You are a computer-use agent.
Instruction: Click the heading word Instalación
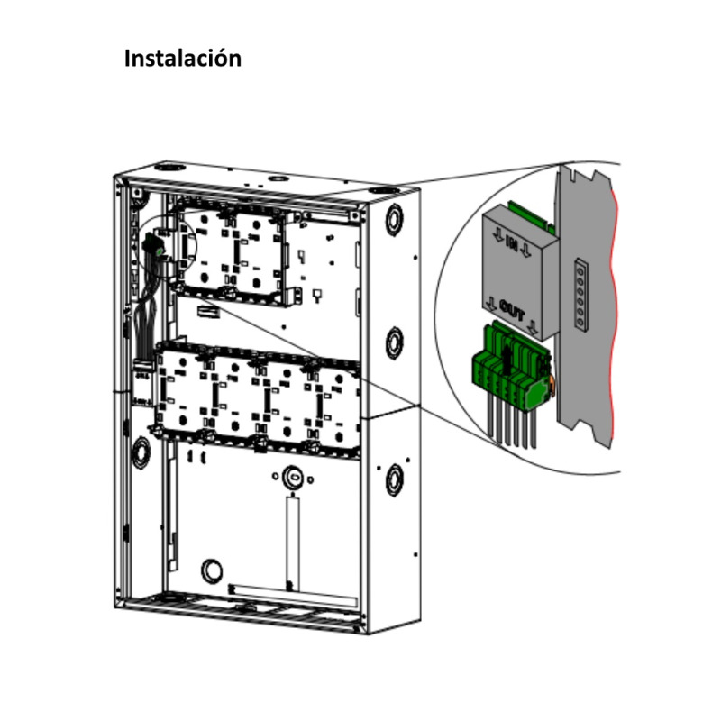click(x=183, y=59)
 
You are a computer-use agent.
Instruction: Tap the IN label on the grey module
click(x=511, y=241)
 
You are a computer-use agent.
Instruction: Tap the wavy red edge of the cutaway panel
click(x=616, y=315)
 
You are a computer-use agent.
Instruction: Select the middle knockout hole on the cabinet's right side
click(x=395, y=342)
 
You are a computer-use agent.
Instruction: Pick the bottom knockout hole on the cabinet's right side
click(x=395, y=479)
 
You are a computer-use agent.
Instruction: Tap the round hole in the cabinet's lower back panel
click(x=211, y=570)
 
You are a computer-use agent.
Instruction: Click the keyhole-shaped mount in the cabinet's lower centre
click(x=292, y=476)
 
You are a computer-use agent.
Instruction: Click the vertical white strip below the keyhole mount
click(x=292, y=541)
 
